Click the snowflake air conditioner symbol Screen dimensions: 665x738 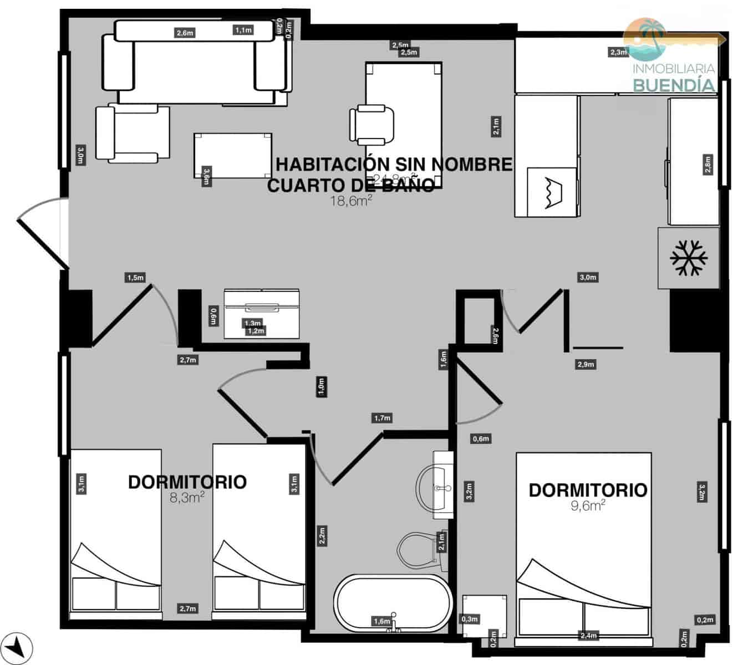[689, 258]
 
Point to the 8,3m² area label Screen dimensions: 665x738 [187, 498]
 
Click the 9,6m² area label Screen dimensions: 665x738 [588, 505]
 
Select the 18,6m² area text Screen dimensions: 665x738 [350, 201]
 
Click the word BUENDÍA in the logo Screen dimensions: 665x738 [674, 85]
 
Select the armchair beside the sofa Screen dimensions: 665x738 [133, 133]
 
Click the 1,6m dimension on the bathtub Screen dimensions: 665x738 [382, 621]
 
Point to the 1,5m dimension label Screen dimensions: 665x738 [135, 278]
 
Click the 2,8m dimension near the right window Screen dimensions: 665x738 [708, 164]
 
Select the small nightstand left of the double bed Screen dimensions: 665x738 [485, 615]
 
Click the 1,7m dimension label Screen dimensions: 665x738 [382, 418]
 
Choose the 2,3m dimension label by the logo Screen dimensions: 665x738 [618, 52]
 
